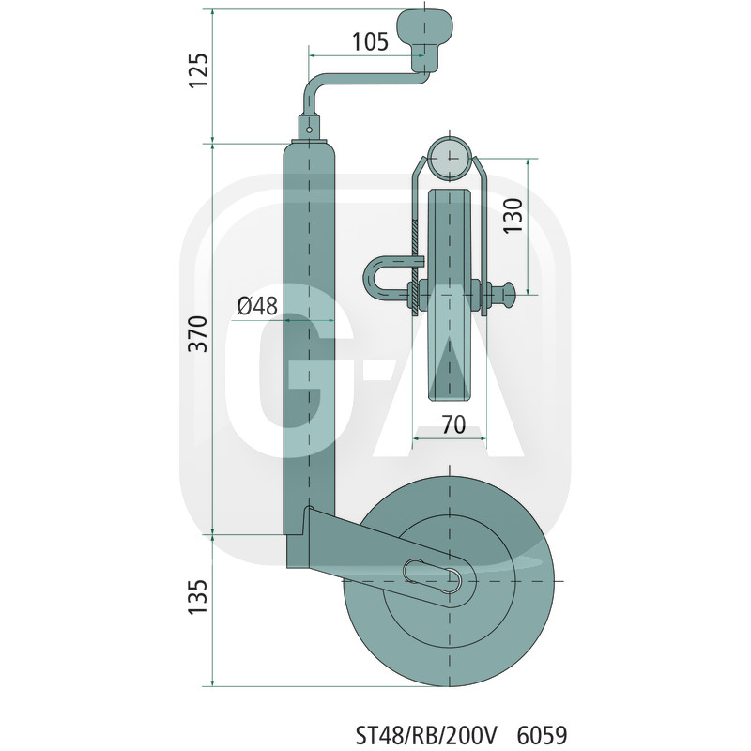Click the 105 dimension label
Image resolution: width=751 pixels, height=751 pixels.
[x=370, y=41]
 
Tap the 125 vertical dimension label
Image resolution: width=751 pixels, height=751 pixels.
[x=199, y=69]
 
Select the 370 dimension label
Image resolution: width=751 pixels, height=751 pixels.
[x=198, y=334]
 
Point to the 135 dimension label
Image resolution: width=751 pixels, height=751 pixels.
[x=198, y=597]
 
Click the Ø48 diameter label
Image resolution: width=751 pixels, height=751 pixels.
[x=257, y=306]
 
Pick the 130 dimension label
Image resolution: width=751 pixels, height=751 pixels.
[x=513, y=216]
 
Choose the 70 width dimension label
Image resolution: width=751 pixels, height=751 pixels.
[x=453, y=424]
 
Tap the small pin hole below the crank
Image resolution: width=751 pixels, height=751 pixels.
[x=310, y=130]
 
